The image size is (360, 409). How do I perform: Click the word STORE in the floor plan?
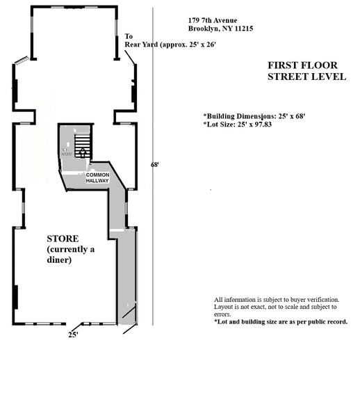tap(63, 239)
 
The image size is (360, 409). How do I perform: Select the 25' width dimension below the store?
tap(72, 335)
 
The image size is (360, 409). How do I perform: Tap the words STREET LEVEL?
tap(306, 77)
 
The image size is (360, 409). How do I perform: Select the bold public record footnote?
tap(281, 322)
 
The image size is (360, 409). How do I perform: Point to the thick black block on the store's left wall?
tap(15, 297)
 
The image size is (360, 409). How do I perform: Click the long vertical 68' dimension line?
tap(152, 209)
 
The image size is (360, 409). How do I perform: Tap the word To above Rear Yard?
tap(129, 36)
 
